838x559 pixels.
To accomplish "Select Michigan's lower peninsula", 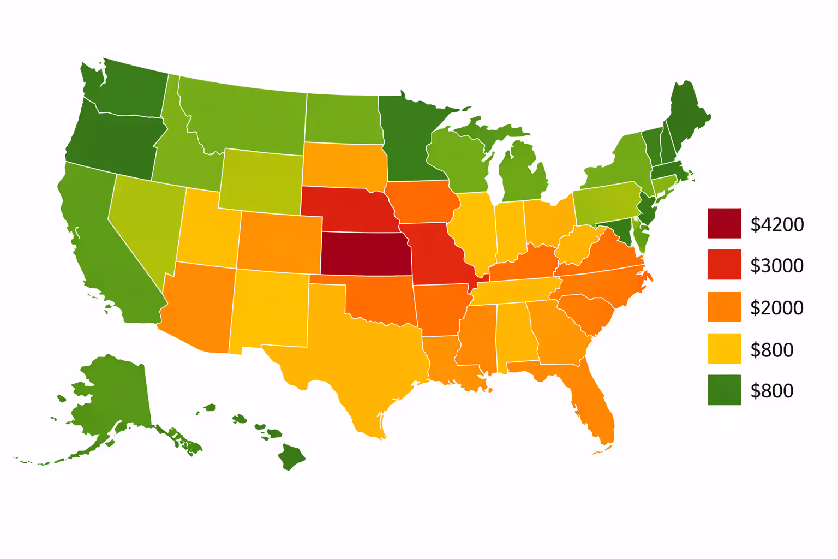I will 524,175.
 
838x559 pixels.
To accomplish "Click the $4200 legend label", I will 777,224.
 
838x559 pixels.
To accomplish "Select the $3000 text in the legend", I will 777,266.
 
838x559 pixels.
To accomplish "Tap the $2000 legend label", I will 777,308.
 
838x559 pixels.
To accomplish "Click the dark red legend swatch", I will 725,223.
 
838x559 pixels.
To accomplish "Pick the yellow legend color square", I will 725,348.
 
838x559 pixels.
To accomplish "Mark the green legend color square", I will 725,390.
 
